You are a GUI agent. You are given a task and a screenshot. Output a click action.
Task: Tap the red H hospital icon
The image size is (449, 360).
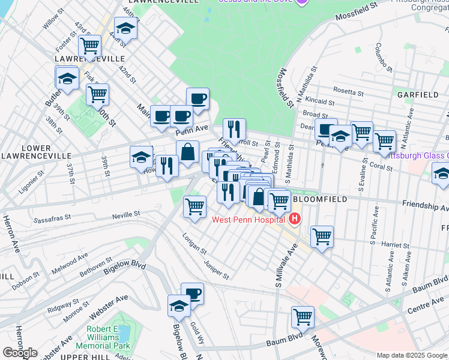294,220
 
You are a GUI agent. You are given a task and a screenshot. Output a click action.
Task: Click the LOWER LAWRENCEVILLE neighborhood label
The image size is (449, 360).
36,152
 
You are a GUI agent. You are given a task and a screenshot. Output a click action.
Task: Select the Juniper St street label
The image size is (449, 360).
216,271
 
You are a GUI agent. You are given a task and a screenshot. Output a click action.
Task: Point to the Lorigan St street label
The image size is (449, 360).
194,243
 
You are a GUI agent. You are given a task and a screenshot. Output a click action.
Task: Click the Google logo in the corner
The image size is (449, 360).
20,353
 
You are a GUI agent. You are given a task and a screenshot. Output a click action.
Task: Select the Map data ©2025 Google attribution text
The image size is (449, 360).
411,355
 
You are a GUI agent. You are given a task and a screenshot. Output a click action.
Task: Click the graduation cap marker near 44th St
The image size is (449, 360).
125,28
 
